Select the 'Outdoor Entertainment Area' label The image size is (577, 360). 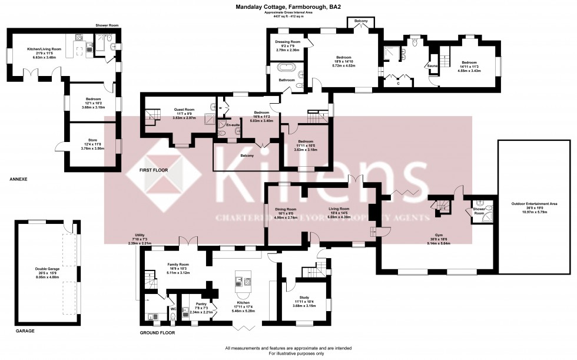point(535,203)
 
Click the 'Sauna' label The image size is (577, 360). point(432,66)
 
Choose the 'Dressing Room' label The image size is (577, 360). point(288,42)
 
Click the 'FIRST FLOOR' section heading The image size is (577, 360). point(154,170)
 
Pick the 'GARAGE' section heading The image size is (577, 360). point(25,331)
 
